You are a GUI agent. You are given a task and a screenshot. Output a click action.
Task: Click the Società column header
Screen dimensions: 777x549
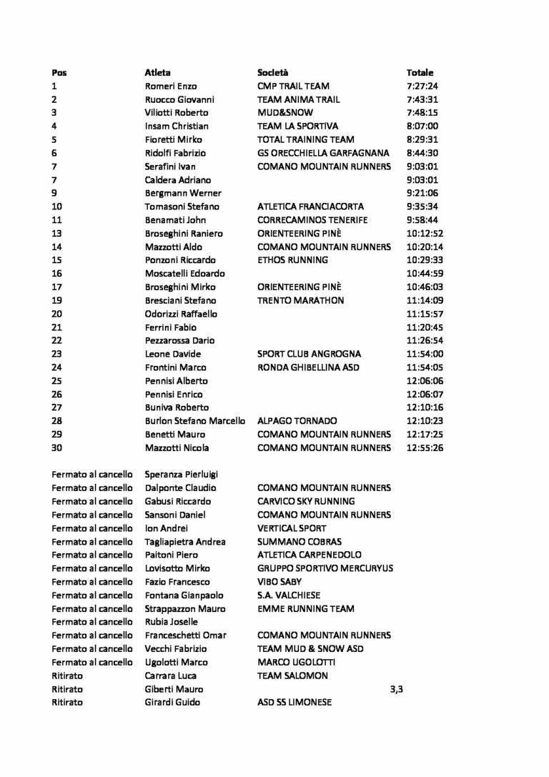click(272, 72)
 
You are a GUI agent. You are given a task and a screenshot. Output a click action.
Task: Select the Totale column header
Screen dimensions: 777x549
click(420, 72)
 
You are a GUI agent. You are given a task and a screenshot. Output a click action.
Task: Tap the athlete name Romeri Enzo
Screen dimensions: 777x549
click(171, 86)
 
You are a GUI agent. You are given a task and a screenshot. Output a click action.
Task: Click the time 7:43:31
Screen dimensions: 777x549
click(422, 99)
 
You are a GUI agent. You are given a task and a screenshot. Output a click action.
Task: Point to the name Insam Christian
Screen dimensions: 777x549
click(177, 127)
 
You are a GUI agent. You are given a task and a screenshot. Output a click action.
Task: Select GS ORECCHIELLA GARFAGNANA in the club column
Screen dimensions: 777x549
click(323, 153)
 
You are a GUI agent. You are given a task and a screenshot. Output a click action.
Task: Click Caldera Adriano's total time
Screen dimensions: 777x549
click(422, 180)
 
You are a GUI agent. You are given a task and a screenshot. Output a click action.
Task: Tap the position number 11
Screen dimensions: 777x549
click(57, 220)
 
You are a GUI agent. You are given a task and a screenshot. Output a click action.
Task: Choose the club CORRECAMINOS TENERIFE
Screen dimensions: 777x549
click(312, 220)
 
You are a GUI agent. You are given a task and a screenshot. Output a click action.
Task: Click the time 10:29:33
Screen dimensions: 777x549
click(425, 260)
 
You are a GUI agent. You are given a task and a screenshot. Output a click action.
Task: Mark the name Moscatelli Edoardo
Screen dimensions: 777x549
click(184, 274)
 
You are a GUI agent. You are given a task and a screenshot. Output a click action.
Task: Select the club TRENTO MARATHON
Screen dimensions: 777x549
click(300, 301)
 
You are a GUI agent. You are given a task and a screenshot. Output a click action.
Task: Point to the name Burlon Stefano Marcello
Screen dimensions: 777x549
click(194, 421)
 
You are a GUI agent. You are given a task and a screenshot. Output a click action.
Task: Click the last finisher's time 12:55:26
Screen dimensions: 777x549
click(425, 448)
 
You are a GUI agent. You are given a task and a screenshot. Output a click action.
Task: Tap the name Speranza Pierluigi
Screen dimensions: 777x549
click(181, 475)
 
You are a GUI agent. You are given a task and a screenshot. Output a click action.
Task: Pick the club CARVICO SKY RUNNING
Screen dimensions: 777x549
click(305, 502)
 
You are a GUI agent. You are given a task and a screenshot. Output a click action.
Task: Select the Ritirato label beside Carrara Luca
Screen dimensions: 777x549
click(67, 676)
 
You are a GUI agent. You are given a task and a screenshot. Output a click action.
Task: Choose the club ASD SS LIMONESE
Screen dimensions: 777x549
click(294, 703)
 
